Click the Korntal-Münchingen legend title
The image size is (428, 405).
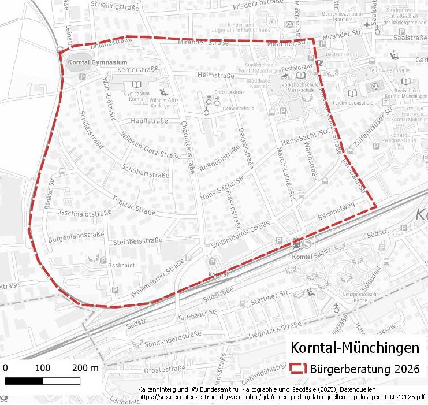(x=355, y=348)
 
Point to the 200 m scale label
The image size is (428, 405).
(x=86, y=368)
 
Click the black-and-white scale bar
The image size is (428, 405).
(x=43, y=381)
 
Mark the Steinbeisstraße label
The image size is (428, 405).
(x=139, y=241)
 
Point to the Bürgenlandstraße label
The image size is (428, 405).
(x=76, y=235)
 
